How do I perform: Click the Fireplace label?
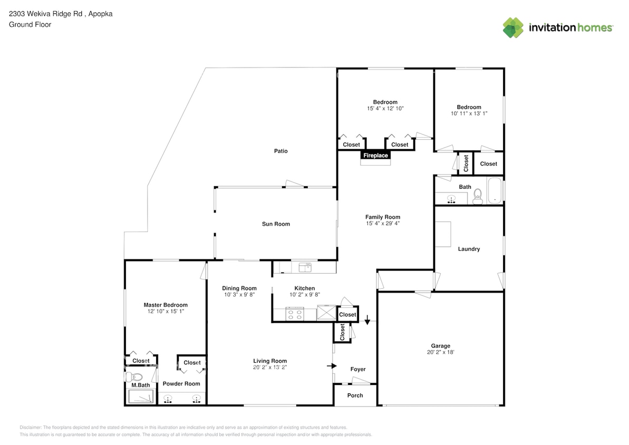(375, 156)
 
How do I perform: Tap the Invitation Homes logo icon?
(512, 28)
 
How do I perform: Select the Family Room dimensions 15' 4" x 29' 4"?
(383, 224)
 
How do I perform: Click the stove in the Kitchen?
(295, 315)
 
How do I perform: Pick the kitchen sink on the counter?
(305, 267)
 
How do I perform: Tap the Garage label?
(440, 346)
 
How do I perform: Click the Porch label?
(355, 395)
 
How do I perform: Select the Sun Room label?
(276, 224)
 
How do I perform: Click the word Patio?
(280, 151)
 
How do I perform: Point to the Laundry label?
(469, 249)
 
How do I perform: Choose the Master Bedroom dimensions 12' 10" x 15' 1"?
(166, 312)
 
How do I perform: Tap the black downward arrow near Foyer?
(367, 319)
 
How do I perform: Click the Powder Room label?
(181, 384)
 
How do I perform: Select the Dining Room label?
(239, 288)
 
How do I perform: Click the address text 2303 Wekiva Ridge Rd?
(46, 14)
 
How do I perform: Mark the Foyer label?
(358, 370)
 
